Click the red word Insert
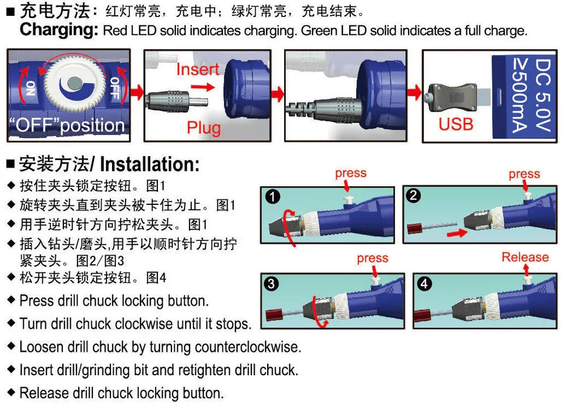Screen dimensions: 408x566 tap(198, 70)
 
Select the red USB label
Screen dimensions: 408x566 tap(456, 123)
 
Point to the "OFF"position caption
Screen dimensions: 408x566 tap(67, 125)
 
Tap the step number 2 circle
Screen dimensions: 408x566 tap(414, 196)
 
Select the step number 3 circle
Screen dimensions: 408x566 tap(272, 284)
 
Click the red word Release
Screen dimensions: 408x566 tap(525, 257)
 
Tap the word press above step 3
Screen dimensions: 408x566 tap(372, 258)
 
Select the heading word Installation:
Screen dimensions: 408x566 tap(149, 165)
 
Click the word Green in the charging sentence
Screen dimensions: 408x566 tap(319, 31)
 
